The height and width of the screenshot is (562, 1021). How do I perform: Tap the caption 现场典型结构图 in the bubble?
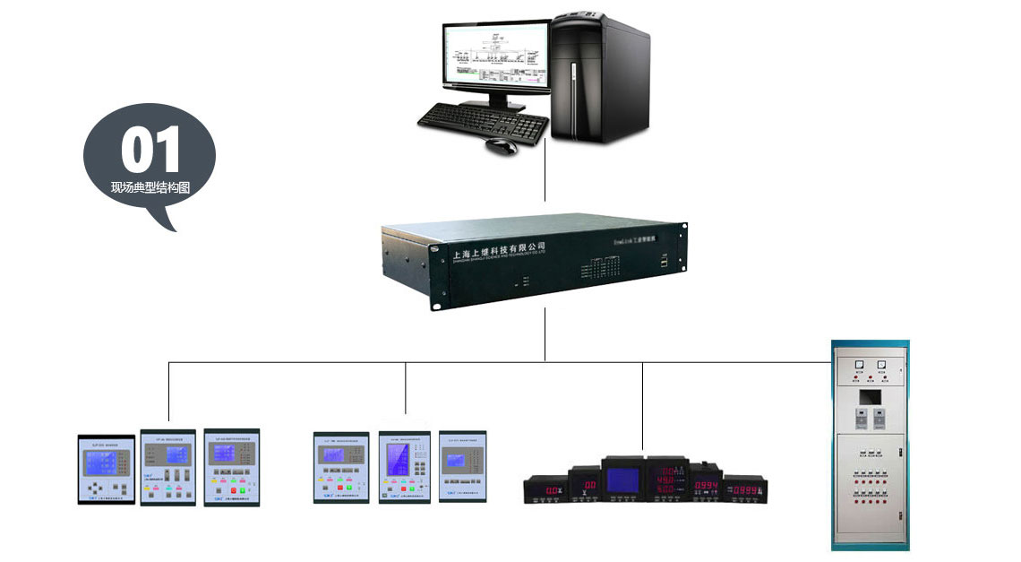[x=150, y=188]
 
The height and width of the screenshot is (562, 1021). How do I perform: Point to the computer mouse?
[x=502, y=144]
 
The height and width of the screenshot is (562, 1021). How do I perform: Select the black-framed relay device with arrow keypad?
[x=106, y=470]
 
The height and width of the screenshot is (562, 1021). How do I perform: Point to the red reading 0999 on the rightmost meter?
[x=746, y=490]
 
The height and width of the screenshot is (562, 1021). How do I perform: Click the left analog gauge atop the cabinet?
[x=859, y=364]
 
